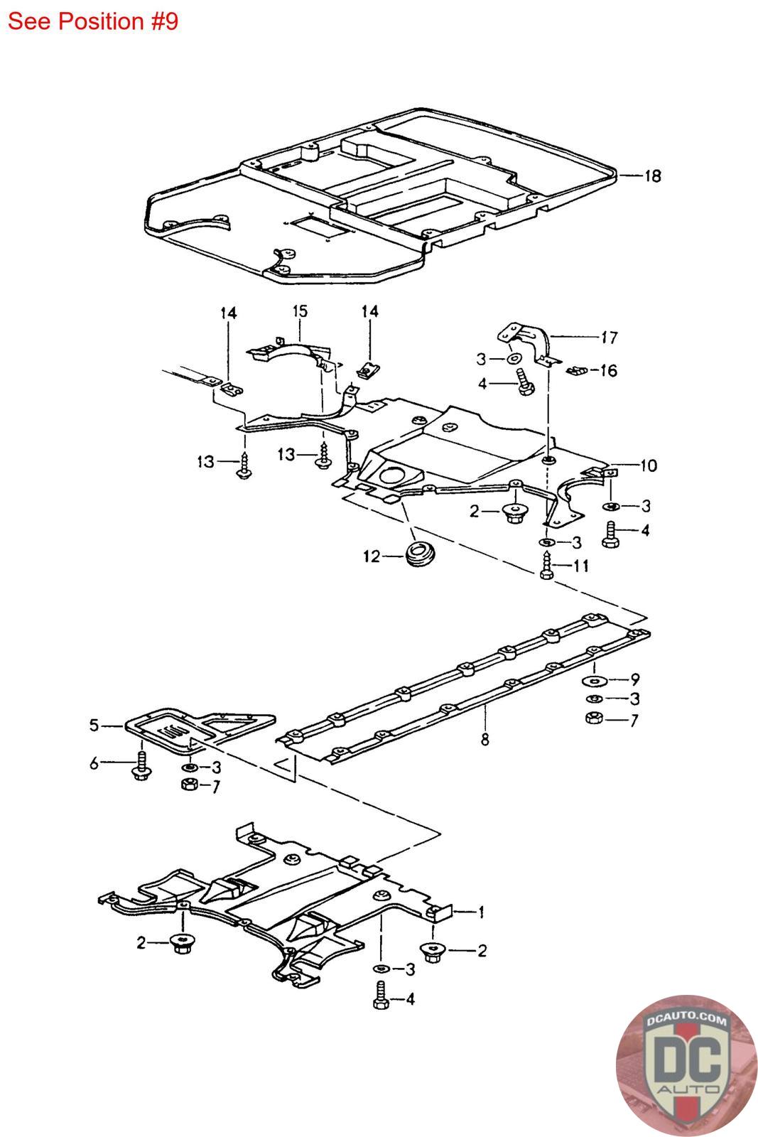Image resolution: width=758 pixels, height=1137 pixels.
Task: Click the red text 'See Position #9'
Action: [93, 21]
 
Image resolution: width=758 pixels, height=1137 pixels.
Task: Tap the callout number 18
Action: [652, 176]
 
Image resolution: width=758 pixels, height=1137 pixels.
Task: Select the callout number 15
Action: [300, 311]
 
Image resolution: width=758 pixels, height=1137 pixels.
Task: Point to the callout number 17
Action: [610, 338]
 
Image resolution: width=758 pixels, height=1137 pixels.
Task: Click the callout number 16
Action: [608, 370]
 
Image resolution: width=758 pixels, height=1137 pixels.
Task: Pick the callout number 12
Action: [372, 557]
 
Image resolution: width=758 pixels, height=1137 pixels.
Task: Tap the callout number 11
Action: [581, 566]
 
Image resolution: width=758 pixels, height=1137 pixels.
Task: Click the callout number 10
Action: [649, 465]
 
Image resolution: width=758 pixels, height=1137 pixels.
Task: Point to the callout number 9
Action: [634, 679]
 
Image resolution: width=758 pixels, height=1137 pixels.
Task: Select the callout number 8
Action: [485, 740]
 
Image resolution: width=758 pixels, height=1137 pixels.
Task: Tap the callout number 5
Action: [94, 726]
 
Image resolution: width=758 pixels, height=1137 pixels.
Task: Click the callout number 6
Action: [94, 763]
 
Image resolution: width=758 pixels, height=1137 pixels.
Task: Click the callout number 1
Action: [481, 912]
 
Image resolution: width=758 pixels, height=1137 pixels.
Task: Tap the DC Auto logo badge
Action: [687, 1066]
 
